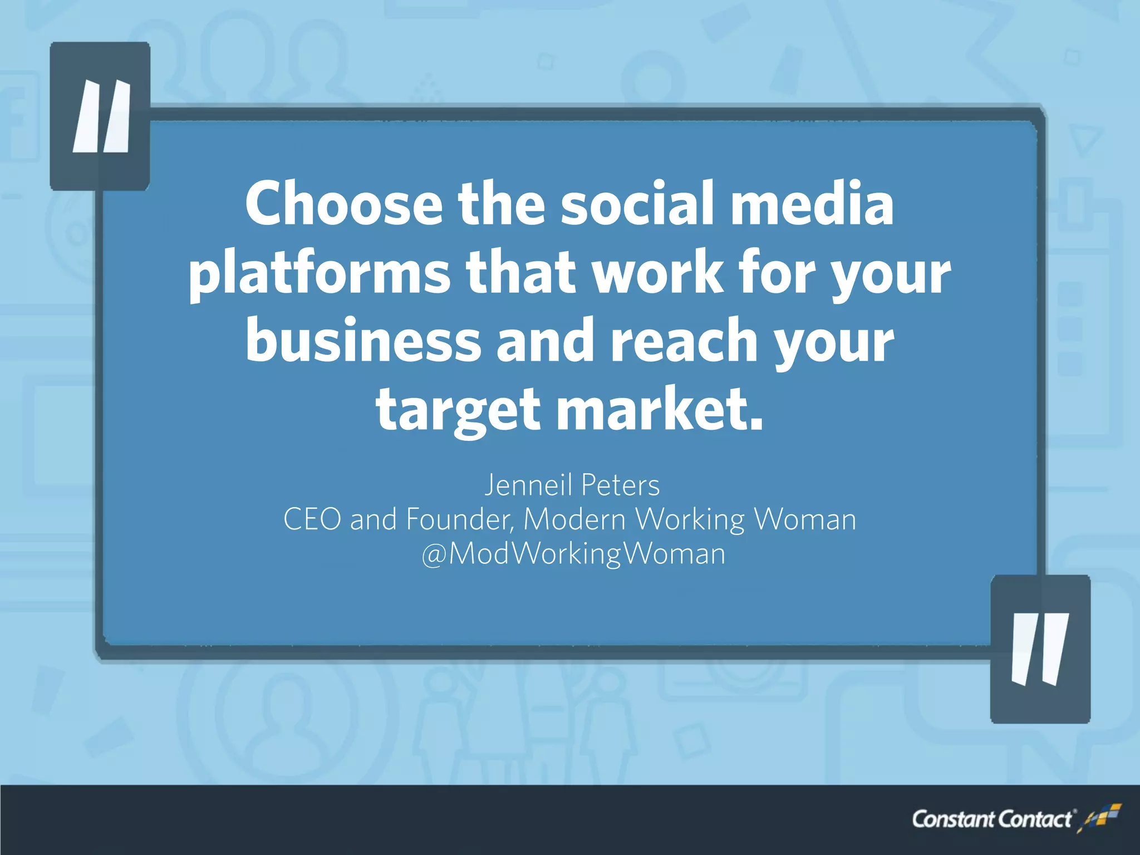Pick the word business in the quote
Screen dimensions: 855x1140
point(363,341)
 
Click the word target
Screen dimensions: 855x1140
point(458,410)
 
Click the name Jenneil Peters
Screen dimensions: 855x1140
point(572,485)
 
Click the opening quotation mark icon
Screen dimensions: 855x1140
point(100,116)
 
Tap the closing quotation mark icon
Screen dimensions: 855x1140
point(1040,648)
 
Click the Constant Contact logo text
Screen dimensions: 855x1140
point(991,819)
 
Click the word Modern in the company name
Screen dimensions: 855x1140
point(574,519)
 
